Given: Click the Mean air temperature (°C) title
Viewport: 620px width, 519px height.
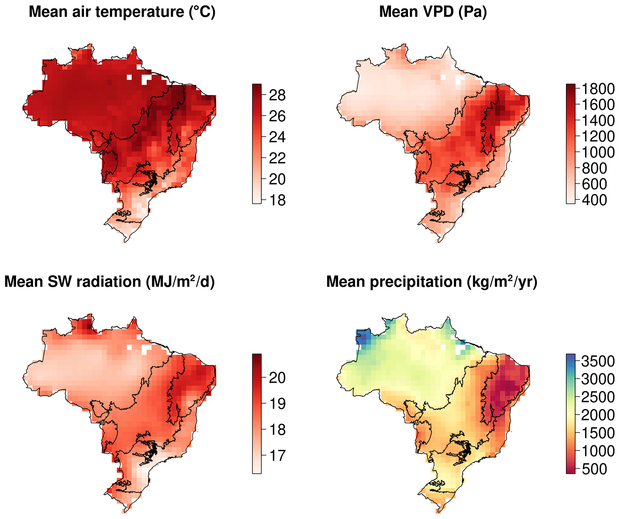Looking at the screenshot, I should click(122, 12).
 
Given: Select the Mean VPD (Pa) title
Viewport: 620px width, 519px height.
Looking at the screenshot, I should click(433, 12).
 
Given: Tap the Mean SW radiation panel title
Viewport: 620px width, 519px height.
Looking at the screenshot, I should click(109, 282).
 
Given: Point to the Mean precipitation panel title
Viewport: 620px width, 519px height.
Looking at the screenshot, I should click(432, 282).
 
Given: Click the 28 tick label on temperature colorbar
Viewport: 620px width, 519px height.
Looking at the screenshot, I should click(277, 95).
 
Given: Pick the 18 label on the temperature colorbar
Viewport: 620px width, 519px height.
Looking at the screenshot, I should click(277, 200).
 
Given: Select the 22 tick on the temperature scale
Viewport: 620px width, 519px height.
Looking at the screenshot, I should click(277, 158).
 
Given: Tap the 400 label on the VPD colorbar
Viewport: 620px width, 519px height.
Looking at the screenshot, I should click(595, 200).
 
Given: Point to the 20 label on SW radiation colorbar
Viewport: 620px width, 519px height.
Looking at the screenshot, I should click(277, 378).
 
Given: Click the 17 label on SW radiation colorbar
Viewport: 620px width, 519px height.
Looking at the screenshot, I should click(277, 455).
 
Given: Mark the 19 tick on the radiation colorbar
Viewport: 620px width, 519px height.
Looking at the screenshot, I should click(277, 404).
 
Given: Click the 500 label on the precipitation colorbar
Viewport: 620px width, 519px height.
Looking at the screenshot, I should click(595, 469).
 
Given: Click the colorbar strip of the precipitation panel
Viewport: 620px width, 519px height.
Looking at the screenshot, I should click(571, 414).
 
